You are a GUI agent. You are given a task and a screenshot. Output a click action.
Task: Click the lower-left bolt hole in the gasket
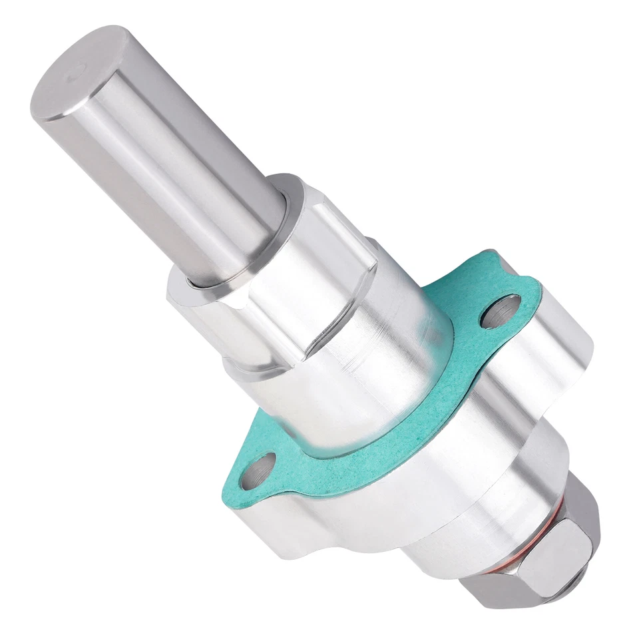pos(258,471)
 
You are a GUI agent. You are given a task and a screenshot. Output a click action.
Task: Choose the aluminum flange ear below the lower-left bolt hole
pos(280,526)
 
